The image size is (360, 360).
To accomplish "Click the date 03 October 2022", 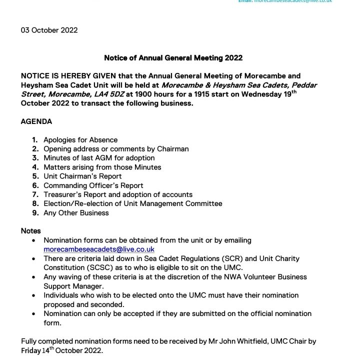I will (49, 30).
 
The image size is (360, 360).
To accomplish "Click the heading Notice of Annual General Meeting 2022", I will (173, 58).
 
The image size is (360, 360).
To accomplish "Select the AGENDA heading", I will (36, 121).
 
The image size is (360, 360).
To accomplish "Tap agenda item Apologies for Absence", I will (80, 140).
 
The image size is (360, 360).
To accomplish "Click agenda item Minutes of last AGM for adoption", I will (99, 158).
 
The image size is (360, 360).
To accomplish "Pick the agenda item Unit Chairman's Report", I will (82, 176).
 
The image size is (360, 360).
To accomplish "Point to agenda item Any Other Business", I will (76, 212).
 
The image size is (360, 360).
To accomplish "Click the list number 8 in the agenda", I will (35, 203).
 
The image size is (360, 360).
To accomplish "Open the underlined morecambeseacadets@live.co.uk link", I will (98, 249).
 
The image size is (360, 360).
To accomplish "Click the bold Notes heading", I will (30, 231).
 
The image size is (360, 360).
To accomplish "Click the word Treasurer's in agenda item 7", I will (63, 194).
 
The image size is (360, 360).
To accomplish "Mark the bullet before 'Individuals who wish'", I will (33, 295).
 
